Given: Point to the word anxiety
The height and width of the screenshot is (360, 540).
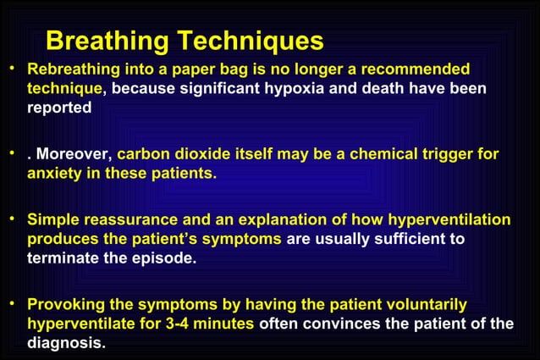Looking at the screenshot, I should [x=53, y=174].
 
